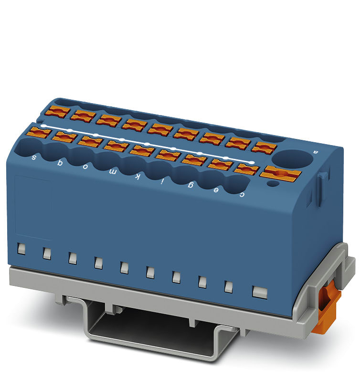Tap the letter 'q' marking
click(60, 162)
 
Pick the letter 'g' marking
click(191, 186)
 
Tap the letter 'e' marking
click(217, 190)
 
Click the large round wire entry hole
click(288, 157)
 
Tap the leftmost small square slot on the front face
click(21, 249)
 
